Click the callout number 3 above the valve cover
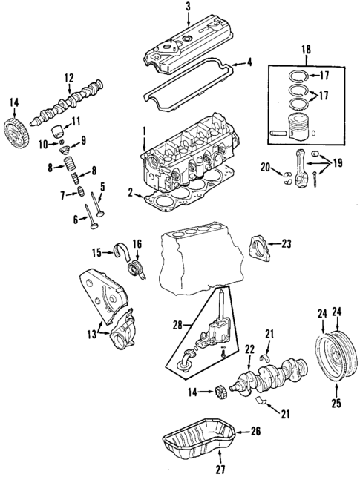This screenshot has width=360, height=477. coord(188,7)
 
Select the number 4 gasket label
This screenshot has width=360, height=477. coord(249,62)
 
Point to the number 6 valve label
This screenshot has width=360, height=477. coord(76,219)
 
